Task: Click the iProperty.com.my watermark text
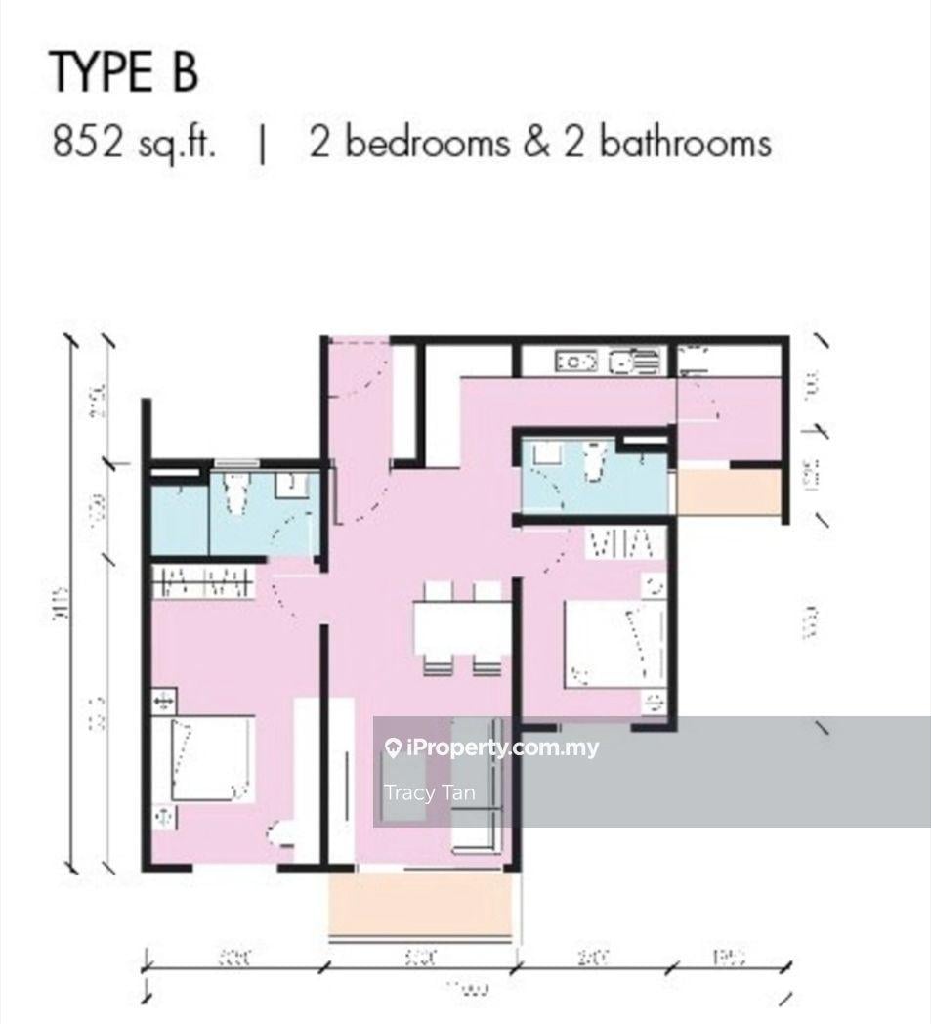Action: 501,749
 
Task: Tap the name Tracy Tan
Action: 430,792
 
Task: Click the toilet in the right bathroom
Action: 592,460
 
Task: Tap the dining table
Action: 461,627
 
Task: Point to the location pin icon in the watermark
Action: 393,749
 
